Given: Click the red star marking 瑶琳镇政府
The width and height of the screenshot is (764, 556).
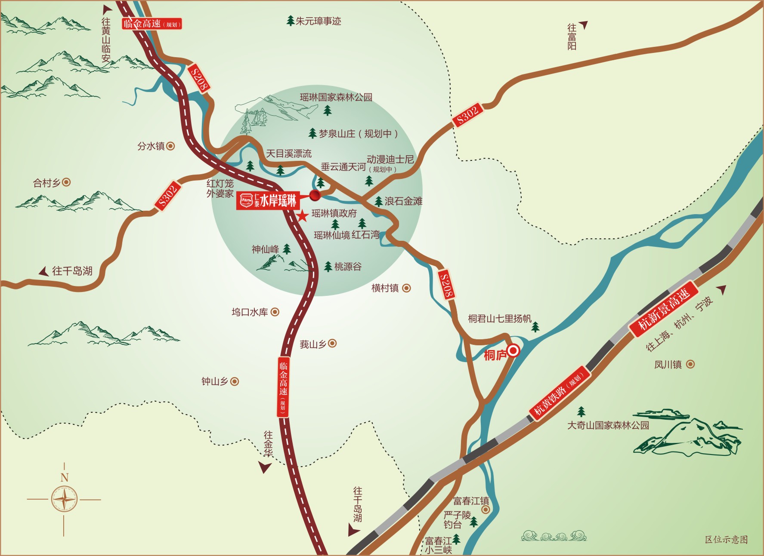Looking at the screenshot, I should click(x=303, y=215).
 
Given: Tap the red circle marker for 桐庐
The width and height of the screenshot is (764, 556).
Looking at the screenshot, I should click(x=513, y=351).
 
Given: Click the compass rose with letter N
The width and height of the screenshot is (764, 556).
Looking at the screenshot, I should click(x=64, y=499).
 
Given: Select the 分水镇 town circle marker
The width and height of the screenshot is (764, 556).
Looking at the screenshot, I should click(x=171, y=146).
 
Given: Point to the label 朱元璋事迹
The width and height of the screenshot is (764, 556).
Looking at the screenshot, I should click(x=318, y=21).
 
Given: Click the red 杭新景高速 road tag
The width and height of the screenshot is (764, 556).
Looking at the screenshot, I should click(x=663, y=308).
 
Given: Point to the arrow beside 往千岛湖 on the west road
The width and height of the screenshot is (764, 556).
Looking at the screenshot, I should click(x=43, y=271).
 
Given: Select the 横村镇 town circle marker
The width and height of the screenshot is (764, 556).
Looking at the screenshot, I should click(x=406, y=288).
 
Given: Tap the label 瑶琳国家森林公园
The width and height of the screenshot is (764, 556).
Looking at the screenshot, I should click(x=336, y=97).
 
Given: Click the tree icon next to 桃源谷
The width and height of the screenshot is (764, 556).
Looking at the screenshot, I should click(x=328, y=267).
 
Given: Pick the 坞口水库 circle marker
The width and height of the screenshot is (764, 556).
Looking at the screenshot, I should click(x=275, y=312).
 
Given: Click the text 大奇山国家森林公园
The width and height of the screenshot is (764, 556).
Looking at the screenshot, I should click(x=608, y=425).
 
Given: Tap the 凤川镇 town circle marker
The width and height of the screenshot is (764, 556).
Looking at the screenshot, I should click(x=690, y=364).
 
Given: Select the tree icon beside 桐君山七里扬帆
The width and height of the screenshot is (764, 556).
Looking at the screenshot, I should click(x=535, y=327).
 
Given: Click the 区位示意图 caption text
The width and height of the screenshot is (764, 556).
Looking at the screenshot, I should click(x=726, y=539).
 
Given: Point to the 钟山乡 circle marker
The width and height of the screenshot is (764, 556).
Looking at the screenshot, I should click(x=235, y=381).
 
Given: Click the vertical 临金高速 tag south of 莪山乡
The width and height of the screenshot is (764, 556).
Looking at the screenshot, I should click(x=283, y=387).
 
